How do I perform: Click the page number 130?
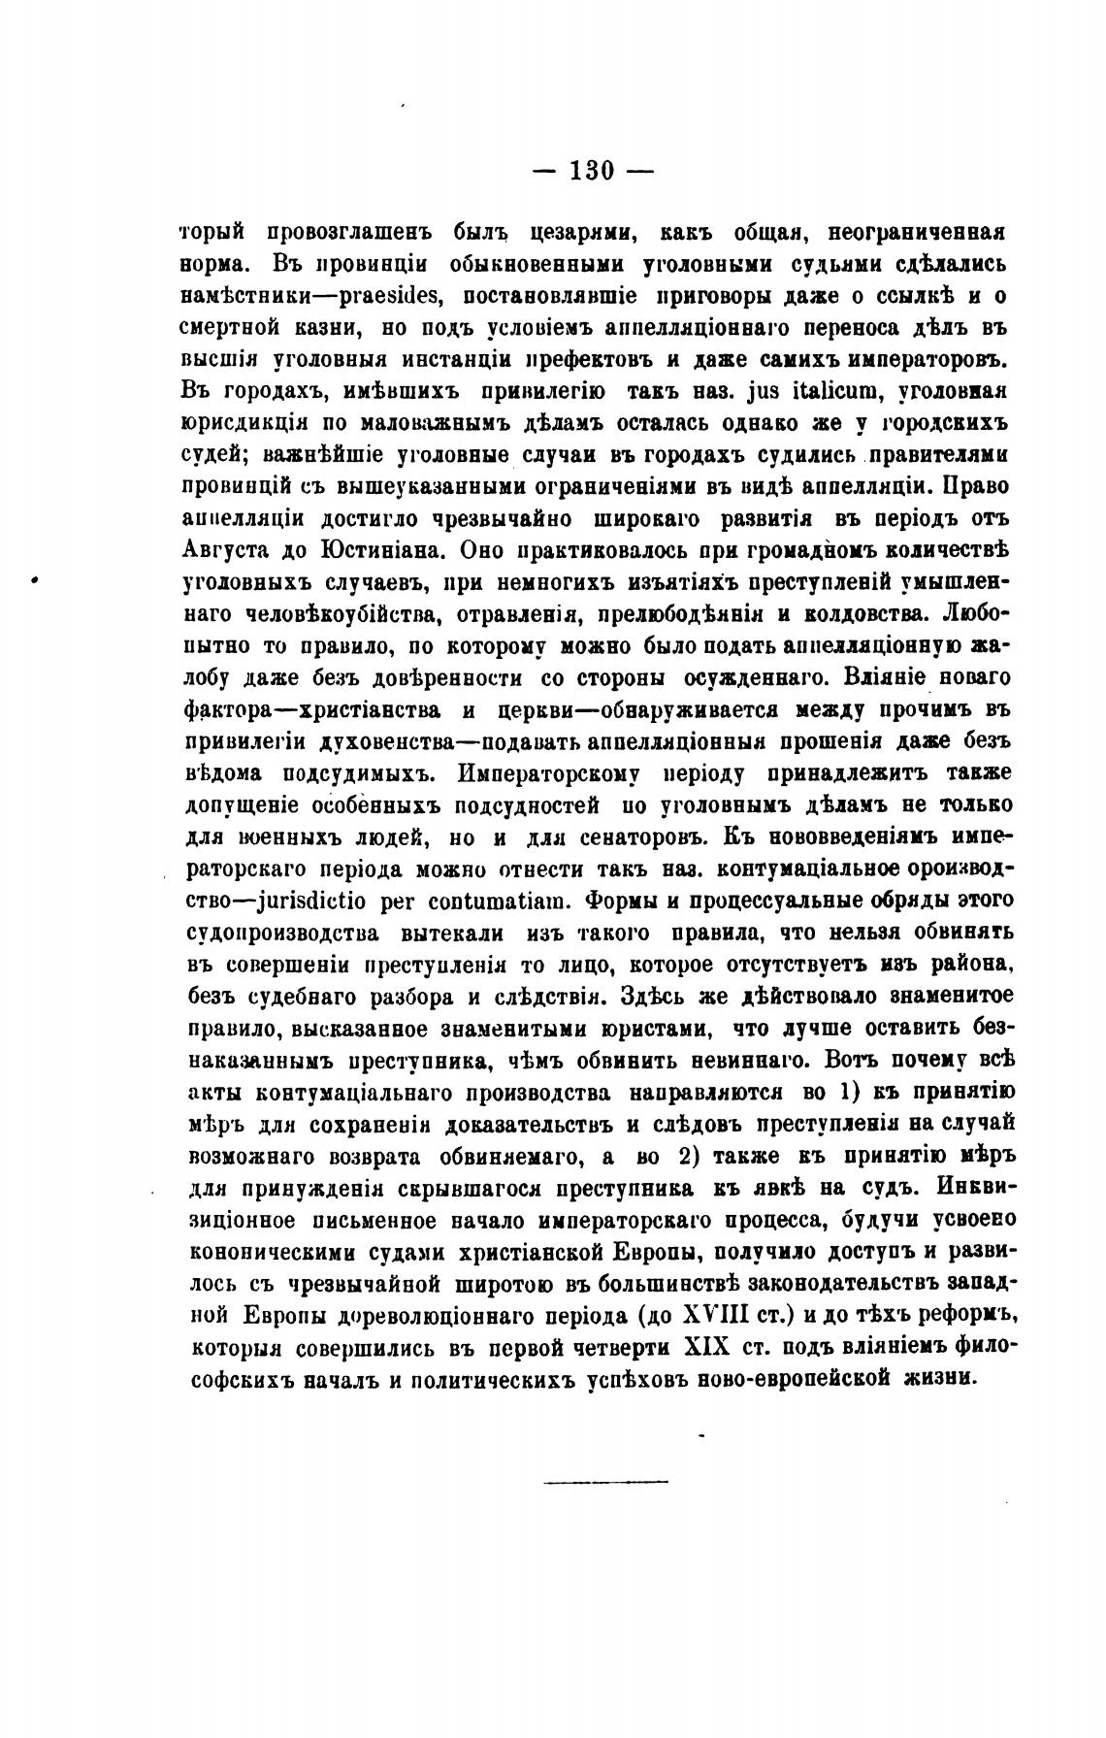pos(593,170)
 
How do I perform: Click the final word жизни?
pos(936,1378)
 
